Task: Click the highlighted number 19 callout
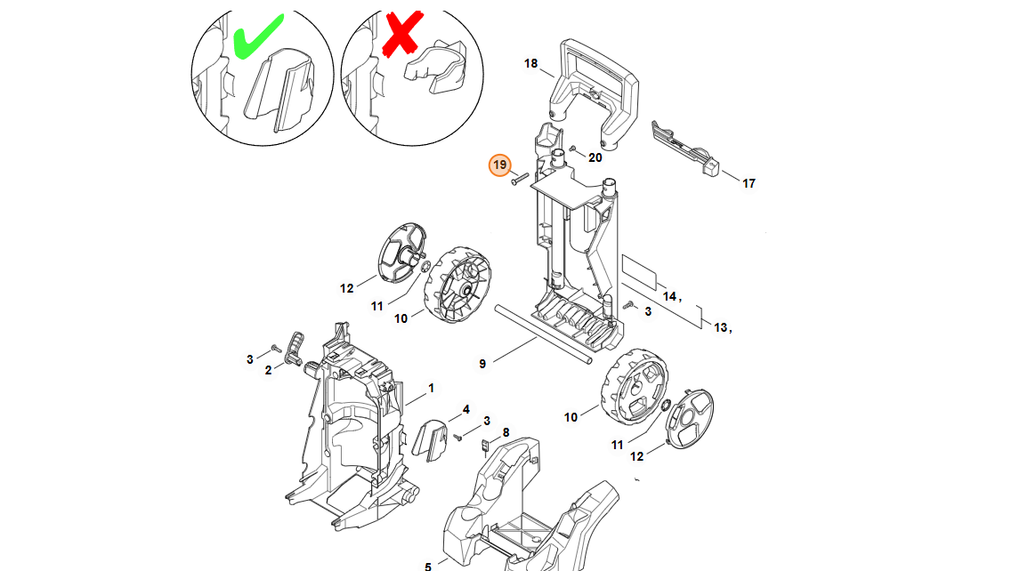499,165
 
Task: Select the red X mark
402,33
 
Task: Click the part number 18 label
530,63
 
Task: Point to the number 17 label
749,183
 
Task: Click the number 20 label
595,157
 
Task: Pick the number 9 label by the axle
482,364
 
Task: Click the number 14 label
669,296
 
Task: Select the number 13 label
720,327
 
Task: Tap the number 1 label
431,389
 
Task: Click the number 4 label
465,409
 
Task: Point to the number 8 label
506,432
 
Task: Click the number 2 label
268,371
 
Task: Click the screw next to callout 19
519,178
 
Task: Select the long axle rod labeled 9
543,334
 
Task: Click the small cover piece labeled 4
430,439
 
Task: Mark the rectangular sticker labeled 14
640,271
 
